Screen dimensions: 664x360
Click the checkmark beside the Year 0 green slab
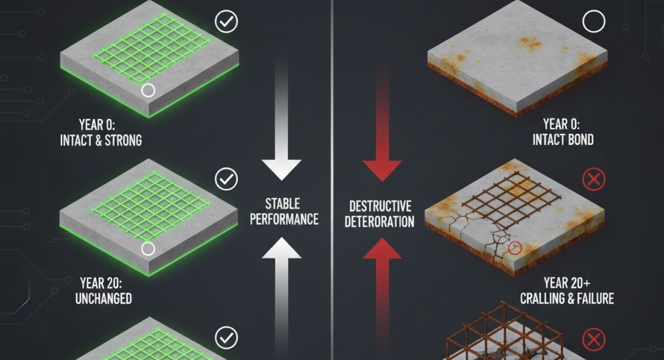226,21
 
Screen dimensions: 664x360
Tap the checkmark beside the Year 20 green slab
226,178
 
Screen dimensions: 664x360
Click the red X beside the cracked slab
593,179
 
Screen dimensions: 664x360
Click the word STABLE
283,204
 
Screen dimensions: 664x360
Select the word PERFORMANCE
284,219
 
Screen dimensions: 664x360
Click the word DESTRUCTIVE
380,206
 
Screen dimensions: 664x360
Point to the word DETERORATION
379,222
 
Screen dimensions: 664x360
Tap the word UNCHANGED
104,298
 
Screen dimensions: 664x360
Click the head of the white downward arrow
282,170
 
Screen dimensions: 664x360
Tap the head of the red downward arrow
382,170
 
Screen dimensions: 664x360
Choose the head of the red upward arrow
382,248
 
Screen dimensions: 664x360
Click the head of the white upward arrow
282,248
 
